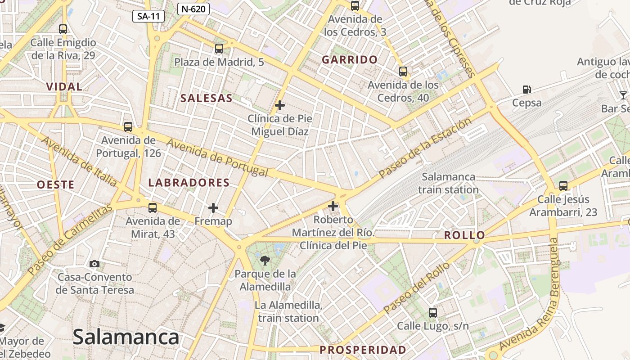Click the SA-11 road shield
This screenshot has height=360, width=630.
(x=148, y=17)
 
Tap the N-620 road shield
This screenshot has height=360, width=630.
(x=193, y=9)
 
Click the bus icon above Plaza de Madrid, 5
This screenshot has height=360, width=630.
(x=219, y=49)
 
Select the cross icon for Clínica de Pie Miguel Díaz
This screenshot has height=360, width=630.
(x=280, y=105)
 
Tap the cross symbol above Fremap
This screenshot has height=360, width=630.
(x=213, y=208)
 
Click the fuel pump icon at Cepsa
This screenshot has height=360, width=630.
(x=527, y=90)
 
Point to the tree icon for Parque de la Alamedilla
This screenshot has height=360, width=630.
(x=265, y=260)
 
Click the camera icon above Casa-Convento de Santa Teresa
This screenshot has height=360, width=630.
(x=94, y=264)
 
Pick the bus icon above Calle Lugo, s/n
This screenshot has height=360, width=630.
(x=433, y=312)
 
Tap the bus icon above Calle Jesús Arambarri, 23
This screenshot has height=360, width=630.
(x=563, y=185)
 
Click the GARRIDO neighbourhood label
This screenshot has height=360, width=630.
(x=350, y=59)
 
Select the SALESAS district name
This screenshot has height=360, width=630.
(x=207, y=98)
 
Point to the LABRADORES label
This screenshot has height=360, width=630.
(x=189, y=182)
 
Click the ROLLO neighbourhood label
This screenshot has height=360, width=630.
(x=465, y=235)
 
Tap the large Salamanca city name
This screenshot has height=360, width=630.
(x=126, y=337)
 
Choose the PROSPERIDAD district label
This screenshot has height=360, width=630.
(x=363, y=350)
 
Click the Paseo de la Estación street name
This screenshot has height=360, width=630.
(x=425, y=147)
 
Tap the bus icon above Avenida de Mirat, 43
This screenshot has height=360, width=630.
(x=153, y=208)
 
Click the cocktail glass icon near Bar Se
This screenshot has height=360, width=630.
(x=623, y=95)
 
